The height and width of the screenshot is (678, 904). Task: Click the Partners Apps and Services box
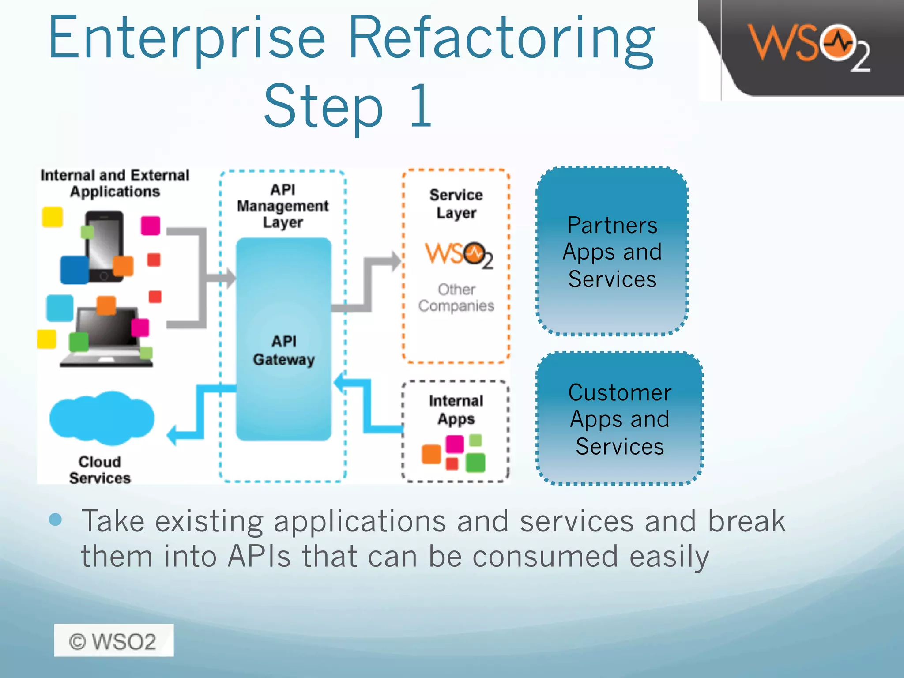click(612, 252)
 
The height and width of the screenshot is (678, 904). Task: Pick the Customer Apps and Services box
click(619, 419)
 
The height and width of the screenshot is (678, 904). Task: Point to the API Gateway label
click(284, 350)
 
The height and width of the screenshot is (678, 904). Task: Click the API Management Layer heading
click(283, 206)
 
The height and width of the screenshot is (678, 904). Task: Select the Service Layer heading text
click(456, 203)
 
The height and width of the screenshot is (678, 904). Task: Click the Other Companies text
click(456, 298)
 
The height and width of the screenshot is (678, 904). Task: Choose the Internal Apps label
click(456, 410)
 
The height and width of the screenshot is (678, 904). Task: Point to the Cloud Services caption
click(100, 470)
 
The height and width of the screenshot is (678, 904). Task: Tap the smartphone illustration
click(104, 246)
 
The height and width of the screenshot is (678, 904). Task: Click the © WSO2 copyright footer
click(113, 640)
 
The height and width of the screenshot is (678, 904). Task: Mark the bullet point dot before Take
click(56, 520)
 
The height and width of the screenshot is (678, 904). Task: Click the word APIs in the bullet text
click(259, 556)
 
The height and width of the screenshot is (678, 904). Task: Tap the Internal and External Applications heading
click(115, 183)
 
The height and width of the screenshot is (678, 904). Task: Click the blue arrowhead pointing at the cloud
click(173, 436)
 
